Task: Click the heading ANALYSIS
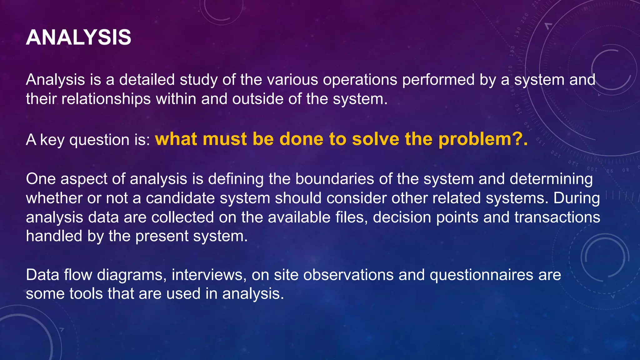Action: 78,37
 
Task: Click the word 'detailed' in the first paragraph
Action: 147,80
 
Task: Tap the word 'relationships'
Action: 106,99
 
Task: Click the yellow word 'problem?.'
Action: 483,139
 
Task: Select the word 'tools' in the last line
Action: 86,294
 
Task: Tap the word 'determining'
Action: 551,179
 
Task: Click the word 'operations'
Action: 360,80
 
